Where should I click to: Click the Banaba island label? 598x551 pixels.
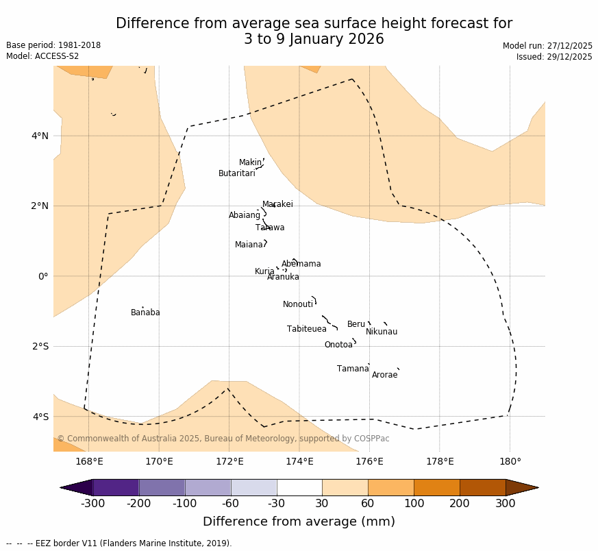point(145,313)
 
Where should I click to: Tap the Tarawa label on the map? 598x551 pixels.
point(270,228)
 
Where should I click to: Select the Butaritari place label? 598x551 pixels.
point(236,173)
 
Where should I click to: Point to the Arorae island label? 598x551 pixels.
point(384,375)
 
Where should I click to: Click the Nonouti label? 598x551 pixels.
point(298,304)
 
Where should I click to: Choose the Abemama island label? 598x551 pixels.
point(301,264)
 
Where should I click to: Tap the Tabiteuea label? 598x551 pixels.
point(306,329)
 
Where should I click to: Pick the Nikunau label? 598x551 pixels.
point(382,332)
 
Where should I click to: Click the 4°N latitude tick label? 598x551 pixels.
point(40,136)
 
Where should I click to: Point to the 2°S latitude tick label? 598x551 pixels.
point(40,346)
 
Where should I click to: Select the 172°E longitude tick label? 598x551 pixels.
point(229,461)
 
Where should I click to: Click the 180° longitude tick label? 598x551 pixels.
point(510,461)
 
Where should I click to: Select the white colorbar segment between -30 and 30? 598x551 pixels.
point(299,487)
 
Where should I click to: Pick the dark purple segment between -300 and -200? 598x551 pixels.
point(116,487)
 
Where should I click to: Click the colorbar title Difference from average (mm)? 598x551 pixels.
point(299,522)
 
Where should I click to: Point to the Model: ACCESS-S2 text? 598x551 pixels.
point(42,56)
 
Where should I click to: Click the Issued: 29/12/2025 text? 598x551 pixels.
point(553,57)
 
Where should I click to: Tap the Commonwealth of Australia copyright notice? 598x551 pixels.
point(223,439)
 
